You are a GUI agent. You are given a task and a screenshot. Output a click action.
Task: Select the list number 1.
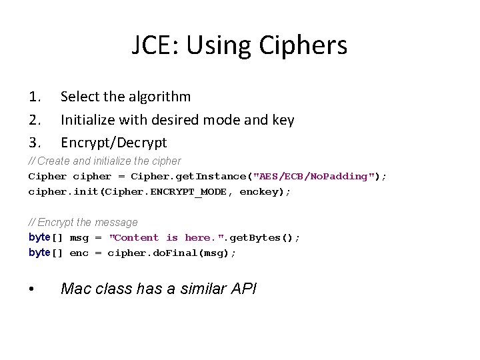[x=35, y=97]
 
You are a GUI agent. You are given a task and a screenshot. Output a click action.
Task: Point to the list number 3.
[x=35, y=143]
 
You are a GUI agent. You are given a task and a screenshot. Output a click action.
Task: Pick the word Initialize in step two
[x=90, y=120]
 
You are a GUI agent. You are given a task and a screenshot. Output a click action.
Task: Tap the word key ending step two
[x=283, y=120]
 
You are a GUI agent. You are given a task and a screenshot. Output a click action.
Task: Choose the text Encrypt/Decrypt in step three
[x=114, y=143]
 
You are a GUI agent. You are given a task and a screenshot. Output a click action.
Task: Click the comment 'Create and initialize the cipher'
[x=105, y=161]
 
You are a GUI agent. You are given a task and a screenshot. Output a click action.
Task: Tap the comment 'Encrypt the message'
[x=83, y=222]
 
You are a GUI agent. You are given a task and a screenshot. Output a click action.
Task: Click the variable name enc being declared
[x=79, y=253]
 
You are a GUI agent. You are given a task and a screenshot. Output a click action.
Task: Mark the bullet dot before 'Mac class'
[x=32, y=289]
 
